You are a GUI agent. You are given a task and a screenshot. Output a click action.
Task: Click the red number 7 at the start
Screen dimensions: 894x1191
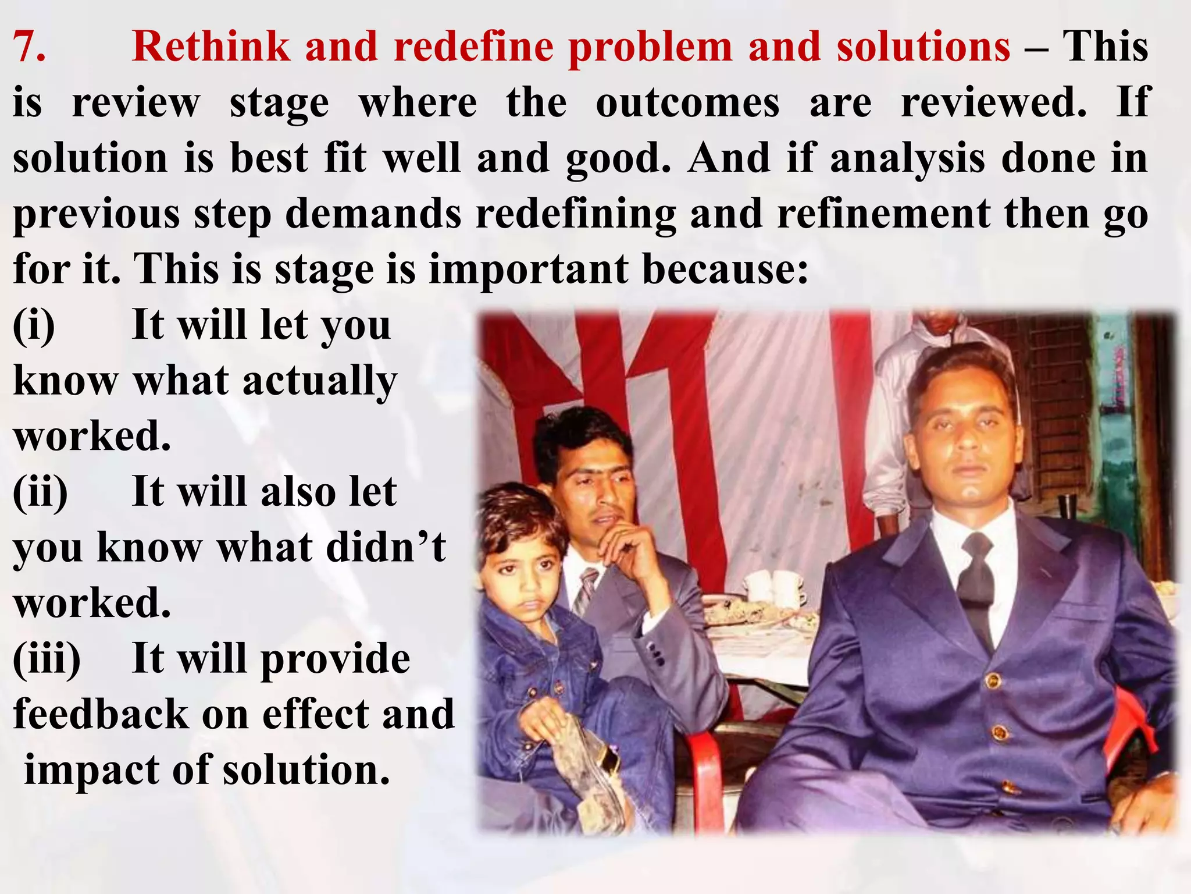pyautogui.click(x=29, y=47)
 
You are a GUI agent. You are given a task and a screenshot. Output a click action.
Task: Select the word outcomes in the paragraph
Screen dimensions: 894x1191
pyautogui.click(x=687, y=102)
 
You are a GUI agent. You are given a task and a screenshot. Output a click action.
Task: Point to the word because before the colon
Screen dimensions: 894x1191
pyautogui.click(x=725, y=270)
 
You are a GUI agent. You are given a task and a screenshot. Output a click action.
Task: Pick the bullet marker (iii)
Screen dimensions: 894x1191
pyautogui.click(x=47, y=660)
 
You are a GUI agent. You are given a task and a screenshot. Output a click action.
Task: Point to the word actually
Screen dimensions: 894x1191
pyautogui.click(x=319, y=382)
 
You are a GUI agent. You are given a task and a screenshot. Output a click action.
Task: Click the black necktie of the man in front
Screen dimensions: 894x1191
pyautogui.click(x=978, y=582)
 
